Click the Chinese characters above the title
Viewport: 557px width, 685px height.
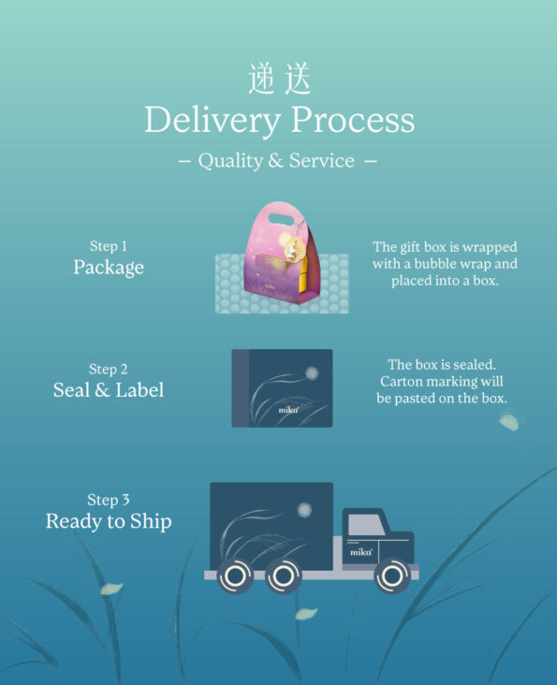pos(280,79)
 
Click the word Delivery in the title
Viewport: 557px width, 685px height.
pos(213,120)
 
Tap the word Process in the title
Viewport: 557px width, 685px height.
pos(353,119)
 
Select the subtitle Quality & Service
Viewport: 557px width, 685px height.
pos(276,161)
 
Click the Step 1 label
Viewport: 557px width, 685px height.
pos(109,246)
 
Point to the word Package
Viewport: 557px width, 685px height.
pos(109,268)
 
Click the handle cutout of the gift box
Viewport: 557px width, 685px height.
pos(282,218)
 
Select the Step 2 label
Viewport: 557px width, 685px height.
pos(109,369)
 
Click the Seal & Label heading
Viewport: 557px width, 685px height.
pos(109,389)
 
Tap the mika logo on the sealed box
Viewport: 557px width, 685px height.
pos(288,410)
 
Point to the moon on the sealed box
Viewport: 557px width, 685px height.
pos(312,372)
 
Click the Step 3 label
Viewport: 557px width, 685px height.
pos(109,500)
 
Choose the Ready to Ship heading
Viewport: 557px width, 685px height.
pos(109,521)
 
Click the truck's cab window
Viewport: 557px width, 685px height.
pos(365,524)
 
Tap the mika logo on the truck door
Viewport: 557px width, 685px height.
pos(360,552)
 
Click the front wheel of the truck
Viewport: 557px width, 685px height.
pos(392,576)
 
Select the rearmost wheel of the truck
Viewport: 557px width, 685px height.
pos(235,576)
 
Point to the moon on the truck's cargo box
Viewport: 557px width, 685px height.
pos(304,509)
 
